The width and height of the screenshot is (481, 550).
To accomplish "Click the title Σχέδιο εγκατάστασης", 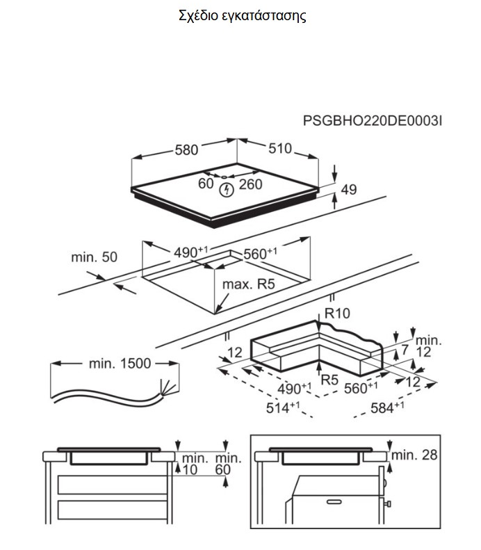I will tap(241, 16).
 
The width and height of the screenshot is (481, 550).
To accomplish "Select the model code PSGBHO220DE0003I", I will tap(373, 121).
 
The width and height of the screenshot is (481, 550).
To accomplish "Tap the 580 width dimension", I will tap(186, 149).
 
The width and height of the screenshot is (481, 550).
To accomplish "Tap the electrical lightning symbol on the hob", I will tap(225, 190).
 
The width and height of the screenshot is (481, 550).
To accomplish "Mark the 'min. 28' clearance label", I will tap(415, 455).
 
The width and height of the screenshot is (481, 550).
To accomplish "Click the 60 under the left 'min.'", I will tap(222, 470).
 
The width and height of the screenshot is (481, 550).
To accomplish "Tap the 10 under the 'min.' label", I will tap(190, 470).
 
